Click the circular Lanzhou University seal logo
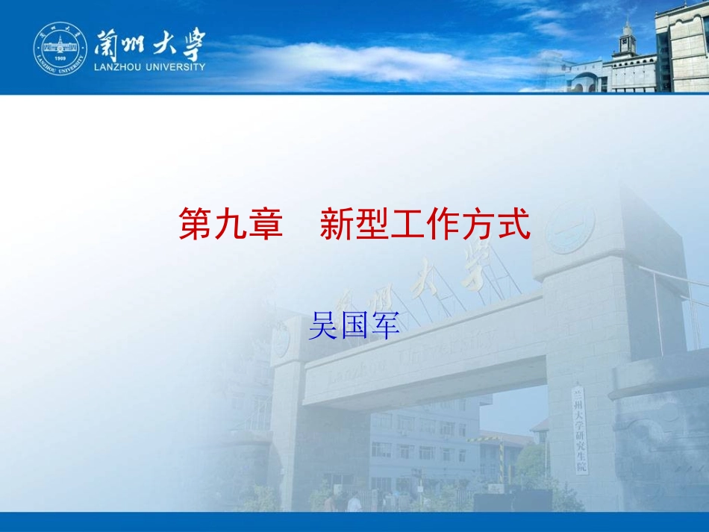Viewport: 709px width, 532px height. pyautogui.click(x=60, y=49)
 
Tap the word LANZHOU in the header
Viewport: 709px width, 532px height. pyautogui.click(x=122, y=67)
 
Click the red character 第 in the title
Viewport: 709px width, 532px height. pyautogui.click(x=196, y=225)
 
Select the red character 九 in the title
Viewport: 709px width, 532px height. pyautogui.click(x=231, y=225)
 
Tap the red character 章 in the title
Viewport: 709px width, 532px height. pyautogui.click(x=266, y=225)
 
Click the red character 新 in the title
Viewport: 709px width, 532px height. pyautogui.click(x=337, y=225)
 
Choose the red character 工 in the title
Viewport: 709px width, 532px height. pyautogui.click(x=407, y=225)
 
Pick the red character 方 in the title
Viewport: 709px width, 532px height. pyautogui.click(x=478, y=225)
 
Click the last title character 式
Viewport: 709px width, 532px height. pyautogui.click(x=513, y=225)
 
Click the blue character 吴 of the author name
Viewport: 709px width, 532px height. pyautogui.click(x=323, y=326)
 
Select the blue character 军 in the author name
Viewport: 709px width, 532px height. pyautogui.click(x=386, y=326)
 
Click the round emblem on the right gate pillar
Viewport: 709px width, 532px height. pyautogui.click(x=570, y=227)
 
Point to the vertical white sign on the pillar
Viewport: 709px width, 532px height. pyautogui.click(x=581, y=430)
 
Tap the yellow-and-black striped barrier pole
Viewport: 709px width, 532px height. pyautogui.click(x=502, y=463)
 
